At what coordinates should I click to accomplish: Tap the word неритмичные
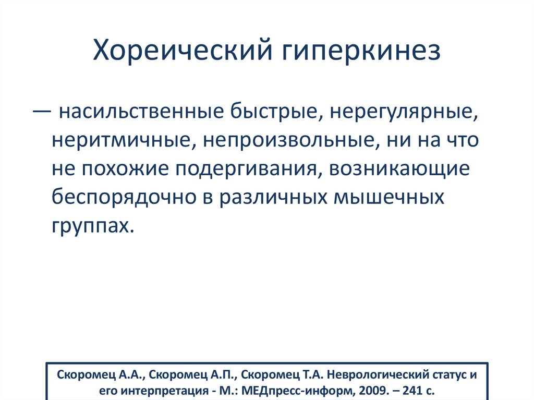click(123, 141)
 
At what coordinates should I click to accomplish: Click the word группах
click(89, 227)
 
